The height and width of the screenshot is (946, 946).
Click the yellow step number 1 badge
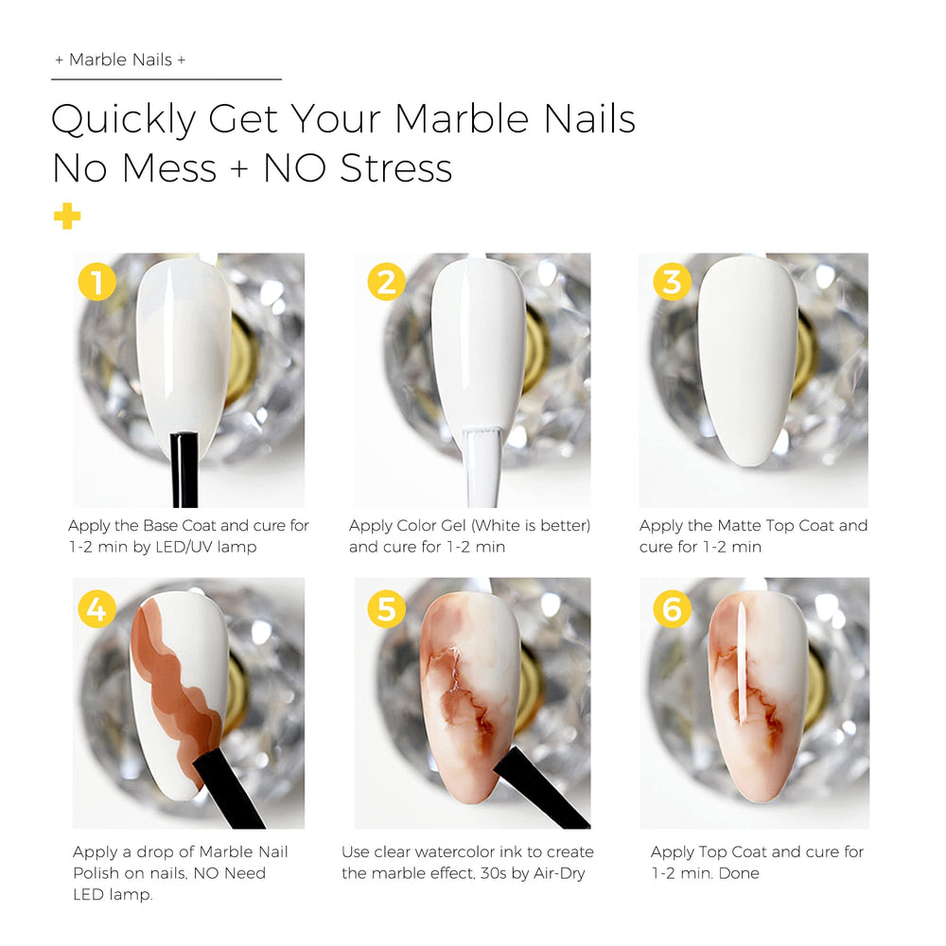pos(97,282)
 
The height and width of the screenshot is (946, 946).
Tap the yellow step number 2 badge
pos(386,282)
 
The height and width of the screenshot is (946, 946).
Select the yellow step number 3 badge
pos(672,282)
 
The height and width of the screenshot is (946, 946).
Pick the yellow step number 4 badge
pos(97,608)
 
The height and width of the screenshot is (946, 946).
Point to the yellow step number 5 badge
pos(386,608)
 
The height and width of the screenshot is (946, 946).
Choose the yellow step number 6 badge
pos(672,608)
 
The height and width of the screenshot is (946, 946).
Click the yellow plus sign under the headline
pos(67,217)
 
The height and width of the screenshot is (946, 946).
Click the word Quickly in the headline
pos(124,120)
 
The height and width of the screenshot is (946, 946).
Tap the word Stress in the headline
pos(396,167)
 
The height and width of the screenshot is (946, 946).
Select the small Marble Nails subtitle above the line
pos(121,60)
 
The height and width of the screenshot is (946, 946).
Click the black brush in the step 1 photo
pos(184,469)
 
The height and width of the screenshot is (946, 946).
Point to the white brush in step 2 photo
pos(482,467)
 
